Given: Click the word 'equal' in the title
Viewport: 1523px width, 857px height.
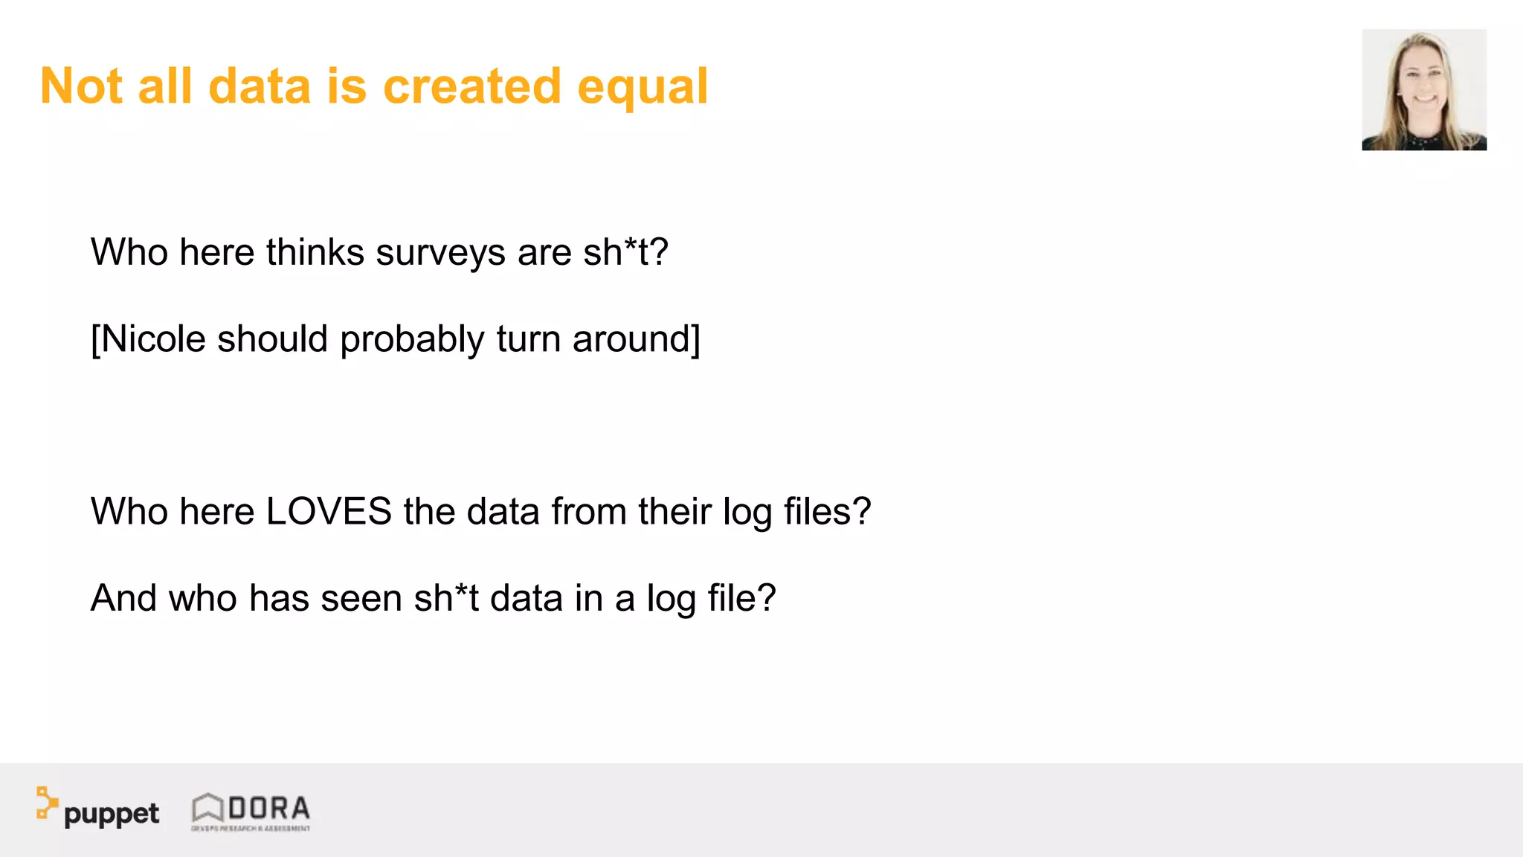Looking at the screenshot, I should point(643,88).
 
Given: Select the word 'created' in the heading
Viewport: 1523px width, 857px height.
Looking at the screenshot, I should point(471,86).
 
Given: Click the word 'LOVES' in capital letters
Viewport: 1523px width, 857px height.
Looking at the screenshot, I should point(329,512).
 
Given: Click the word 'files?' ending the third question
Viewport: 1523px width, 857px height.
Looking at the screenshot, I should point(827,512).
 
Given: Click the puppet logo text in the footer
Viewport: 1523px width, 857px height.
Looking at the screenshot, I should point(112,814).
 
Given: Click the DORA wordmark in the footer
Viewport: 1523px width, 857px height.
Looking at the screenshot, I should point(268,808).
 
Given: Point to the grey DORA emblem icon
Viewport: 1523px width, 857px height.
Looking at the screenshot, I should point(207,808).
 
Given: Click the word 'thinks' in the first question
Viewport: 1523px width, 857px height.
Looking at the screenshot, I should point(315,253).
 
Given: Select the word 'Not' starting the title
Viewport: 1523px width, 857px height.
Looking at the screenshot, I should point(81,86).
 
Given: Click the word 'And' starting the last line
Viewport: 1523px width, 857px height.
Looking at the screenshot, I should point(123,599).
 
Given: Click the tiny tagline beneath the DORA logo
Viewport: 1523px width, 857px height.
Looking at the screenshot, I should point(251,828).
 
